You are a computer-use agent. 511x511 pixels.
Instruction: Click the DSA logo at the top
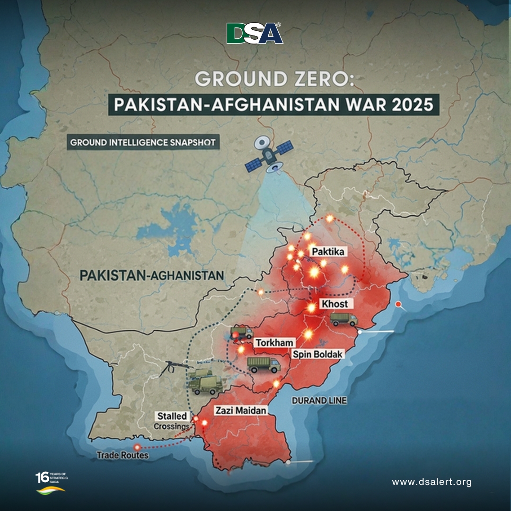255,34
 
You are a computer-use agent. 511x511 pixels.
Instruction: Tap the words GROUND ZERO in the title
255,78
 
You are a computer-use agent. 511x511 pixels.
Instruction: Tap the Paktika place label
327,252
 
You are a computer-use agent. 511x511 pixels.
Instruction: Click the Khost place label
334,304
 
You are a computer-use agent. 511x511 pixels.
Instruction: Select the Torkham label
275,343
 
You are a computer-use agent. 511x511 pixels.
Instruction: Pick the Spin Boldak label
317,354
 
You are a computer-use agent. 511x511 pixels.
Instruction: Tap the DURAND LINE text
319,400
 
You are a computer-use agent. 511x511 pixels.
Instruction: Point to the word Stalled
172,416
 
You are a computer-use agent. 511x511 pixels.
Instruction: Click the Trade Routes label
123,455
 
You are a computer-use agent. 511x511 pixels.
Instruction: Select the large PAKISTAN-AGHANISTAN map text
151,275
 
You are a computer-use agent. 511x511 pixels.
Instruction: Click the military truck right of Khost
344,319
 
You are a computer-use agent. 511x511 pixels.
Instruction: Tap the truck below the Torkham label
264,365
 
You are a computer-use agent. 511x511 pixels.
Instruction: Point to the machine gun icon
174,367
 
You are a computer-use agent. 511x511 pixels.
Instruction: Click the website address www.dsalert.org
432,482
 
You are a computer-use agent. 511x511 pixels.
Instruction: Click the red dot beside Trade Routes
137,447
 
